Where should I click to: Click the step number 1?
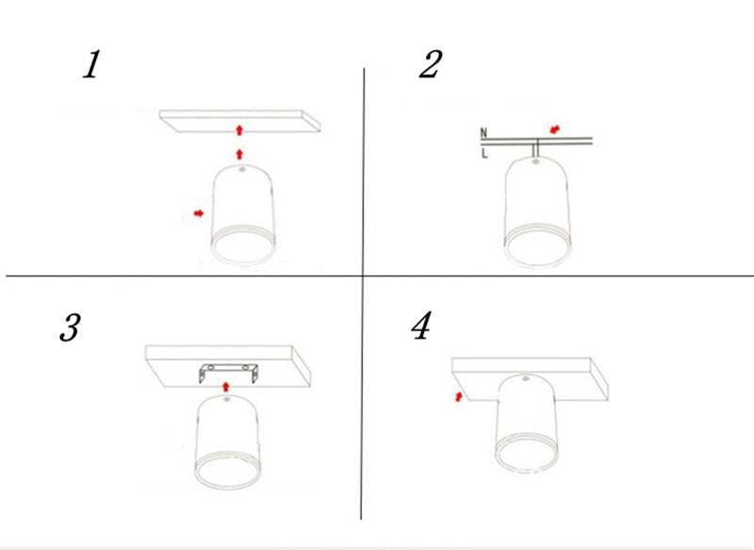click(x=90, y=66)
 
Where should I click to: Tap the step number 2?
click(x=430, y=65)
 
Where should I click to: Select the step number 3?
click(x=69, y=329)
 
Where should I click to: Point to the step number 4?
click(x=420, y=326)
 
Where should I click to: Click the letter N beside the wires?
click(x=484, y=133)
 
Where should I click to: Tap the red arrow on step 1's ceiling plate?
click(x=239, y=125)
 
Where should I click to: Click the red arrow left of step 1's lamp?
click(x=198, y=214)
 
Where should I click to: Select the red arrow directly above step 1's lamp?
click(x=239, y=152)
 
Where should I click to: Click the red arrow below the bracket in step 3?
click(x=224, y=385)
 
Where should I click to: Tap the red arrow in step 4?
click(x=458, y=398)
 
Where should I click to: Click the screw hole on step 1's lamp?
click(x=241, y=172)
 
